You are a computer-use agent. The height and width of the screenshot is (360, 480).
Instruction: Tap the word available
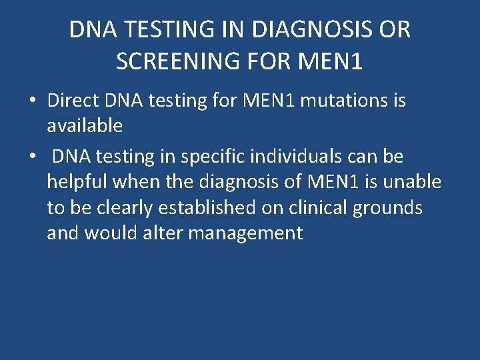(x=85, y=125)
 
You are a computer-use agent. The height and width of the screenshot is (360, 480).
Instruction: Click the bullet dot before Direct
(x=32, y=102)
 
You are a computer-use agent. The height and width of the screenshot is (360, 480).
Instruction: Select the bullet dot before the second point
(x=32, y=157)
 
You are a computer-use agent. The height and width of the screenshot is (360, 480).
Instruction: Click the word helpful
(x=77, y=181)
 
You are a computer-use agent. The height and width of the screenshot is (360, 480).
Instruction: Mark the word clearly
(x=121, y=207)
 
